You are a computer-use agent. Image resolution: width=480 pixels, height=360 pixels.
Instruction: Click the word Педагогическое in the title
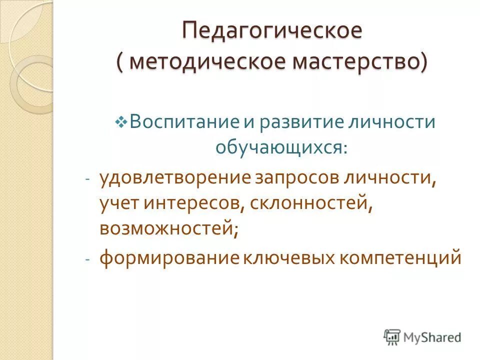[271, 30]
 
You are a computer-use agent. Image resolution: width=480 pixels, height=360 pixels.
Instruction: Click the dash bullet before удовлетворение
[87, 179]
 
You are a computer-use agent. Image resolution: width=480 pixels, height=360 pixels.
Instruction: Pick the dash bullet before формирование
[87, 260]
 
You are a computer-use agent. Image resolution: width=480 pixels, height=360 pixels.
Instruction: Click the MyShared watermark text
[433, 337]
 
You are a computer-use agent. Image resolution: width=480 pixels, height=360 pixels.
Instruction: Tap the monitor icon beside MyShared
[392, 337]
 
